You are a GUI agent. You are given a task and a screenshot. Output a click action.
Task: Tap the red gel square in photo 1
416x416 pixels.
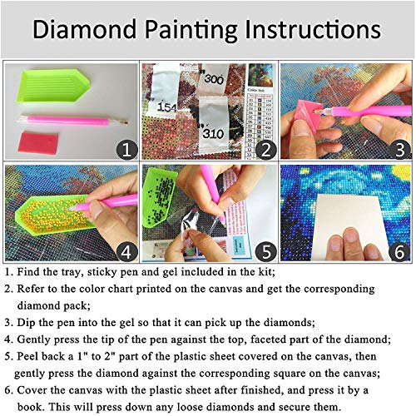click(41, 139)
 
